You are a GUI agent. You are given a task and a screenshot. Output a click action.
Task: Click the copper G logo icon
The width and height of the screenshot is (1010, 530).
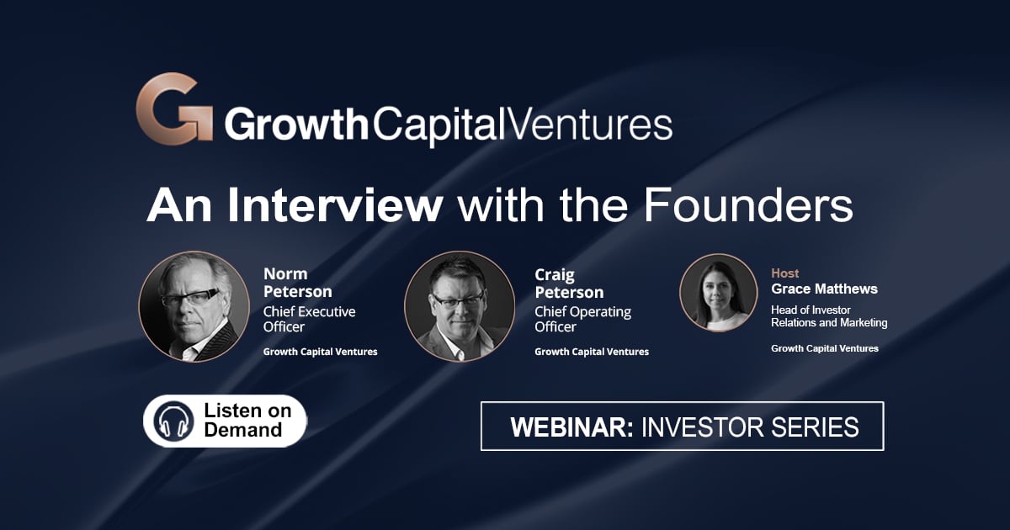pyautogui.click(x=174, y=109)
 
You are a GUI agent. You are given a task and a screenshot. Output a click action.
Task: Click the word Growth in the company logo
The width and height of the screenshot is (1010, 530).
pyautogui.click(x=296, y=125)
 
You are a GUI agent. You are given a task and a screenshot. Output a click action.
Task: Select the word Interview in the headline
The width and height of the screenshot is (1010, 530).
pyautogui.click(x=334, y=205)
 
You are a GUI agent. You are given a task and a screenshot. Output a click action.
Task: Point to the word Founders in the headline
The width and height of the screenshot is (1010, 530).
pyautogui.click(x=748, y=205)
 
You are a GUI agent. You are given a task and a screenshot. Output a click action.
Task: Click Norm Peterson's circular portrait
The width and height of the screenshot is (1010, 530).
pyautogui.click(x=194, y=306)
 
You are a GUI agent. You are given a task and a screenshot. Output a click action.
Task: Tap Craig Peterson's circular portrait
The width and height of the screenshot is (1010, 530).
pyautogui.click(x=460, y=306)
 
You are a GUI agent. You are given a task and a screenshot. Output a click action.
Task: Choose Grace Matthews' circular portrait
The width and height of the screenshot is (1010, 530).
pyautogui.click(x=719, y=293)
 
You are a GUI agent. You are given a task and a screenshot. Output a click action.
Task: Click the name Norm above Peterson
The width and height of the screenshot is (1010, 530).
pyautogui.click(x=285, y=273)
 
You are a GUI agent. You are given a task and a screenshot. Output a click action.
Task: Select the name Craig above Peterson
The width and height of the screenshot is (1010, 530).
pyautogui.click(x=555, y=275)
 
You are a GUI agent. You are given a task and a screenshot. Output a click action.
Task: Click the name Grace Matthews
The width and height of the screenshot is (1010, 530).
pyautogui.click(x=824, y=289)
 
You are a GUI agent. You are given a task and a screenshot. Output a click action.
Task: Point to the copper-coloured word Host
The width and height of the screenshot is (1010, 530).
pyautogui.click(x=785, y=273)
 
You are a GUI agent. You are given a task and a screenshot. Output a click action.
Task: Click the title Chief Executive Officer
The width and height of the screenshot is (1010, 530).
pyautogui.click(x=310, y=319)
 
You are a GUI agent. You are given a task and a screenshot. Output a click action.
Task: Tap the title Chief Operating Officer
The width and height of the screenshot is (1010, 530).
pyautogui.click(x=583, y=319)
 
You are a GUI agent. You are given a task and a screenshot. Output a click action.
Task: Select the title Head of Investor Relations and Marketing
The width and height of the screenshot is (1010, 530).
pyautogui.click(x=829, y=316)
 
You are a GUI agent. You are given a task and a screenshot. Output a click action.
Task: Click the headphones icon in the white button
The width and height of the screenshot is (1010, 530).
pyautogui.click(x=173, y=421)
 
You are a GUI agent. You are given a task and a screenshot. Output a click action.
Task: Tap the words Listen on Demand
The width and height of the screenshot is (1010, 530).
pyautogui.click(x=247, y=420)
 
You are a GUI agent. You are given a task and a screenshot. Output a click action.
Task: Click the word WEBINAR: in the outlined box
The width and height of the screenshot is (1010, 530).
pyautogui.click(x=572, y=427)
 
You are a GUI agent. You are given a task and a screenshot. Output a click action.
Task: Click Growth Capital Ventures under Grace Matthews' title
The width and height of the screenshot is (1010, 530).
pyautogui.click(x=825, y=348)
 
